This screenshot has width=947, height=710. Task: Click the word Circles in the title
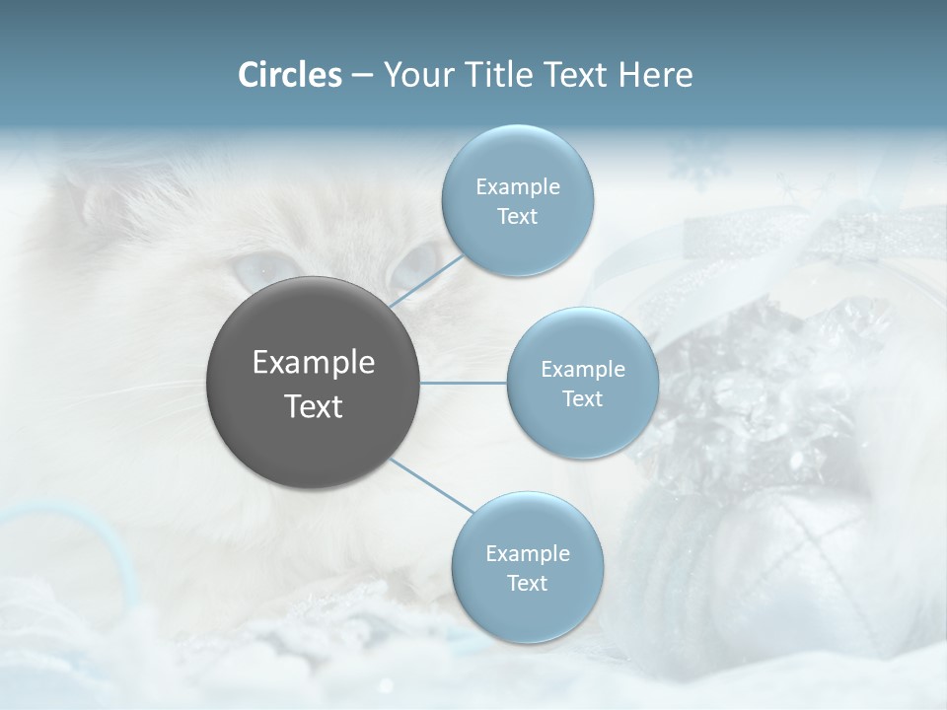[x=290, y=74]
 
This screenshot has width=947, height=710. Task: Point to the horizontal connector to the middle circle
[x=464, y=383]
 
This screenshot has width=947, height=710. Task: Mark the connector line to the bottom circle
[x=432, y=485]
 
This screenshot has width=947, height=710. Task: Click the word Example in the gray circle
[x=314, y=363]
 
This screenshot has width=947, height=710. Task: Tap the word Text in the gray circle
[x=314, y=406]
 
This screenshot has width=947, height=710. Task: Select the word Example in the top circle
[x=517, y=186]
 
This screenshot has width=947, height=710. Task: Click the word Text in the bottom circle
[x=527, y=583]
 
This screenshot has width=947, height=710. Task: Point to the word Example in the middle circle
[x=582, y=369]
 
